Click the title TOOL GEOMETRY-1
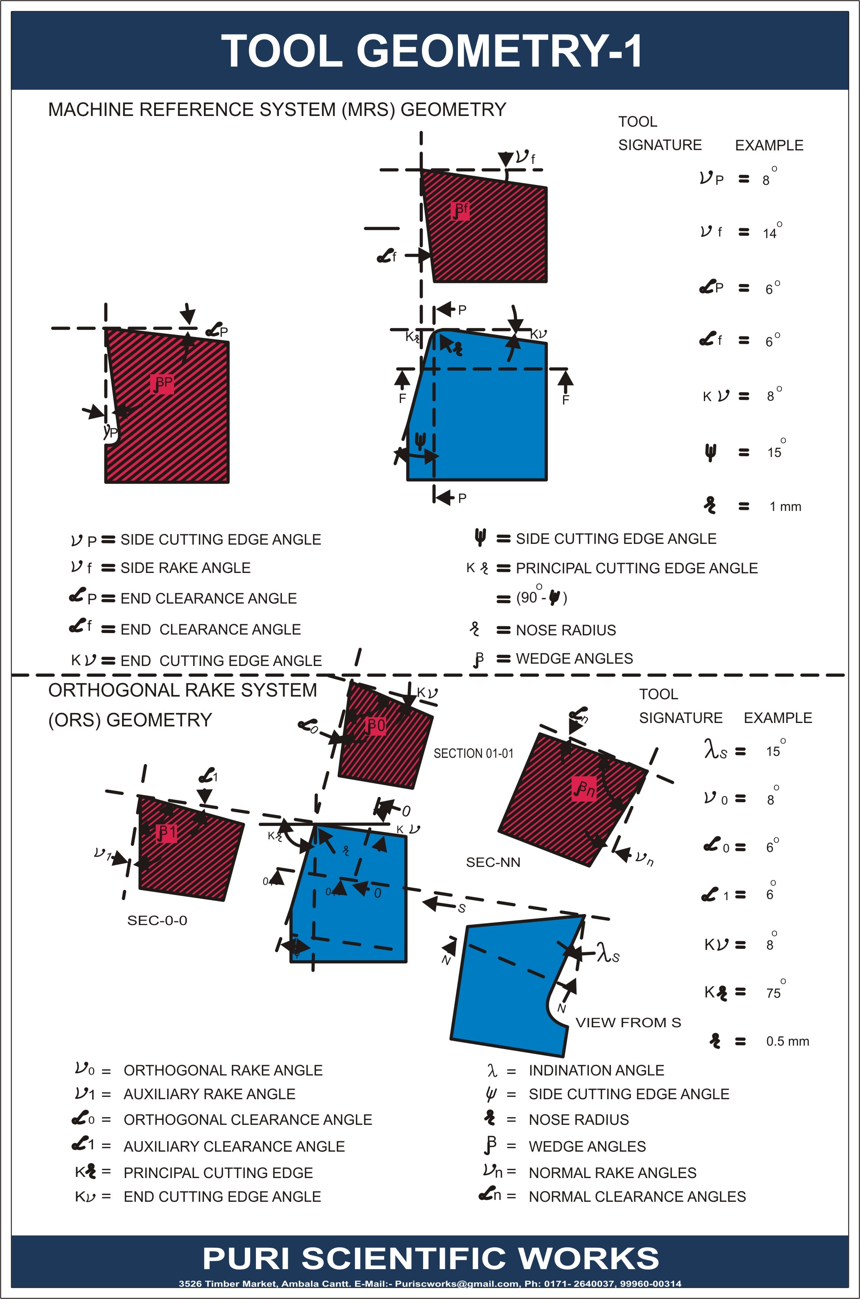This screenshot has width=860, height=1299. [x=431, y=51]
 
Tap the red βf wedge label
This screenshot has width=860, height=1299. [x=460, y=210]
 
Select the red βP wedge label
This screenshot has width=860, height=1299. [x=162, y=383]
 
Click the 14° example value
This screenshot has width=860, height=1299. [x=770, y=233]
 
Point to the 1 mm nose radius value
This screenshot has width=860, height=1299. [x=785, y=506]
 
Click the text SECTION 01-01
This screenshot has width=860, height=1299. [x=473, y=753]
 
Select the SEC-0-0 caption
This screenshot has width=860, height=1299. [x=157, y=920]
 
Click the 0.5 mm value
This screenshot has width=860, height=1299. [x=787, y=1041]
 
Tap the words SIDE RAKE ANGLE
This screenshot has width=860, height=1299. [x=186, y=568]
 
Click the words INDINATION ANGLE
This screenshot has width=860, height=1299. [x=596, y=1070]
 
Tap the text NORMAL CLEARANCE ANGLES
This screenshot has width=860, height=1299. [x=637, y=1196]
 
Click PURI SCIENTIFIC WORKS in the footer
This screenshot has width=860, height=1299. [x=431, y=1258]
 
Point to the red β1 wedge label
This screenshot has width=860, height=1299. [x=166, y=832]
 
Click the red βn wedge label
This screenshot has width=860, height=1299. [x=584, y=789]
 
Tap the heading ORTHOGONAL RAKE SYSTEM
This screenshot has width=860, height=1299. [x=182, y=690]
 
